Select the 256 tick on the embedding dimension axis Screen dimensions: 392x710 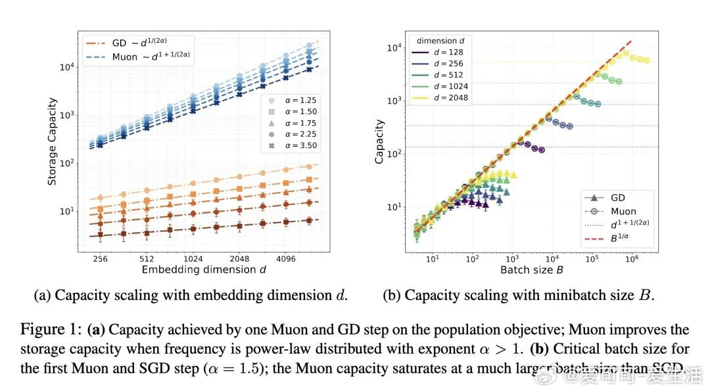[100, 258]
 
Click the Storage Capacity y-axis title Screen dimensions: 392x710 [52, 141]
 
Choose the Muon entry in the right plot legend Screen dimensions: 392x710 [623, 211]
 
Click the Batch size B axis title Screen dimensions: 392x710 [532, 270]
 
